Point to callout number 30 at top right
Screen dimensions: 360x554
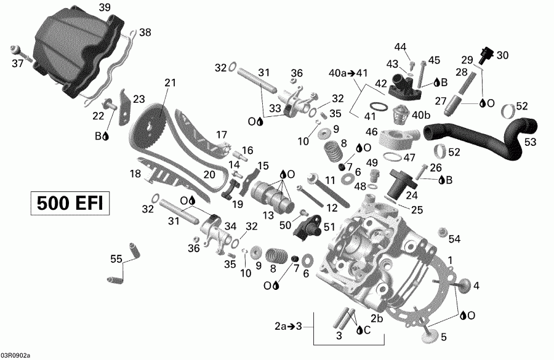[x=502, y=55]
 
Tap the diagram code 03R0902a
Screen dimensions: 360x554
[x=15, y=355]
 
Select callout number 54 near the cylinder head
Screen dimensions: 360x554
[x=454, y=238]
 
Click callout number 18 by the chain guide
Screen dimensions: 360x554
[x=136, y=174]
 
